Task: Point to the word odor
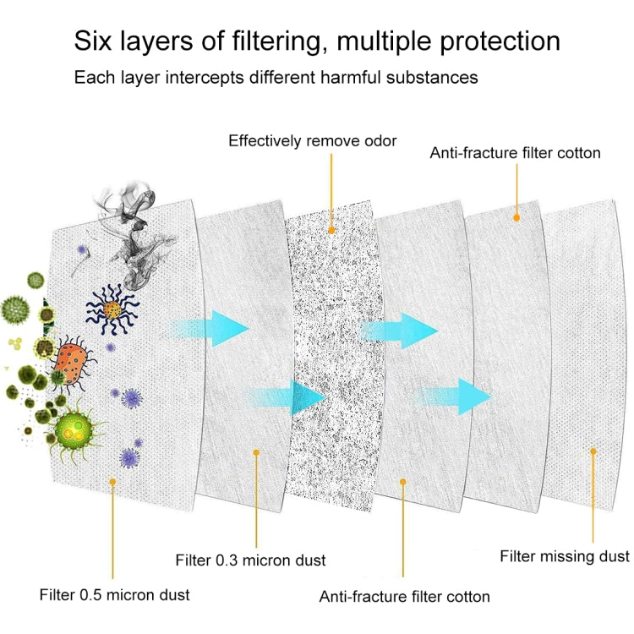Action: (378, 140)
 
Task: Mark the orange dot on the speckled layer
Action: (331, 229)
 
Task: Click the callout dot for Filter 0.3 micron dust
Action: (257, 453)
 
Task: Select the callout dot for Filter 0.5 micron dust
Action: (112, 480)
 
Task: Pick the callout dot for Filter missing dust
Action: (593, 451)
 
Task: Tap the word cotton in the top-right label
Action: (579, 153)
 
